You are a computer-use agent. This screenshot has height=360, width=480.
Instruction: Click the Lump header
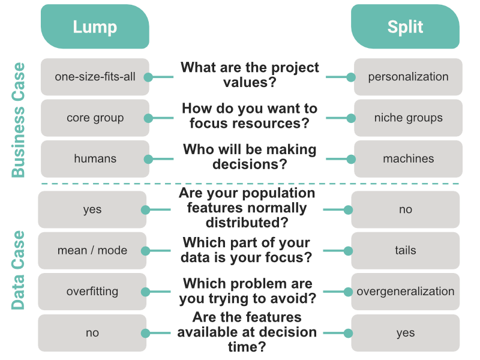pos(95,27)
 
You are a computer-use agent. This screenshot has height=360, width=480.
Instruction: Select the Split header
pos(405,27)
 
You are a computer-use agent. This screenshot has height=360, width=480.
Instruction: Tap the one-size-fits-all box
pos(95,77)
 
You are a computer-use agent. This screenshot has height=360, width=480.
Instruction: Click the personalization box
pos(408,77)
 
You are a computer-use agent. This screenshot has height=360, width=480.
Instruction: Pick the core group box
pos(95,118)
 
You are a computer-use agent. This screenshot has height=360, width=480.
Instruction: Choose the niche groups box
pos(408,118)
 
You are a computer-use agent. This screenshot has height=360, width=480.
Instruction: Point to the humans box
pos(95,159)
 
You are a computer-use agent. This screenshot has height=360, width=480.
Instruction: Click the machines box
pos(408,159)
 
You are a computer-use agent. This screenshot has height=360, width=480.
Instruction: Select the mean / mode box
pos(92,250)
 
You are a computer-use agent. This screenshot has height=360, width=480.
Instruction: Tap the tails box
pos(406,250)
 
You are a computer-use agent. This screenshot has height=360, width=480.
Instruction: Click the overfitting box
pos(92,292)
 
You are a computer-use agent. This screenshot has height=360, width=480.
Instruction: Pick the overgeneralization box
pos(406,292)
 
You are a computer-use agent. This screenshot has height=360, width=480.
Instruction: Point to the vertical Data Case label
pos(19,270)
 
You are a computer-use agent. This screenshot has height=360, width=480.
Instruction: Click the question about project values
pos(250,75)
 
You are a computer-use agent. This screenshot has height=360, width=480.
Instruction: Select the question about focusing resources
pos(250,116)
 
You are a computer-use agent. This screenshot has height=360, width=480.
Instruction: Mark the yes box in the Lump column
pos(92,209)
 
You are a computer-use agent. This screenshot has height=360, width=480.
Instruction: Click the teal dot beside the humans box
pos(148,160)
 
